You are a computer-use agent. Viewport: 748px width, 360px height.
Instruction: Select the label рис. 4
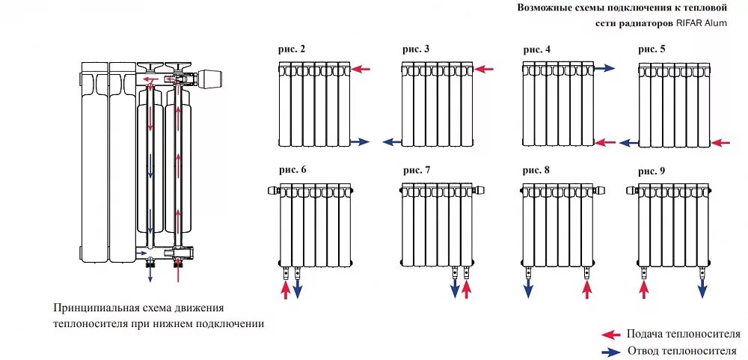[x=536, y=49]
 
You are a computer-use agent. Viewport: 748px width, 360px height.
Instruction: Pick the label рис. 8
[x=536, y=170]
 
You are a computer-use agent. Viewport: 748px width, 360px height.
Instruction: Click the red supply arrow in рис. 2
[x=361, y=70]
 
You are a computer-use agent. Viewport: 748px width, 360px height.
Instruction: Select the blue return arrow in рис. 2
[x=360, y=141]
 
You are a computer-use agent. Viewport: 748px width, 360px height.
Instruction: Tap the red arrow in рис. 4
[x=605, y=141]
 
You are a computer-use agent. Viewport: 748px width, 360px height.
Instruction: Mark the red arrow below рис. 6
[x=285, y=289]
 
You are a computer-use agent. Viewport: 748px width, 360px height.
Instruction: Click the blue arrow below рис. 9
[x=703, y=289]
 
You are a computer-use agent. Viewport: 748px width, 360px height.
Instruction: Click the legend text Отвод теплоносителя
[x=683, y=351]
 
